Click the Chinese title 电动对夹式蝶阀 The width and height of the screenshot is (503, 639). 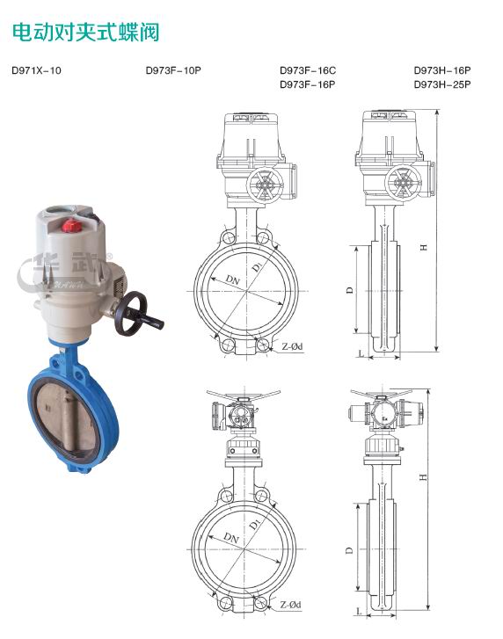point(85,33)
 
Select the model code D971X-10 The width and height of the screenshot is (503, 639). point(36,70)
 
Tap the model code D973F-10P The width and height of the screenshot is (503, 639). point(173,70)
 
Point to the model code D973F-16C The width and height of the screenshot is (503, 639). point(308,70)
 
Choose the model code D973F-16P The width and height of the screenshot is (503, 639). point(308,84)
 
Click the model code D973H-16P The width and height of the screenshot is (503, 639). point(442,70)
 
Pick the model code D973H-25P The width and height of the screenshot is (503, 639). point(442,84)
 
